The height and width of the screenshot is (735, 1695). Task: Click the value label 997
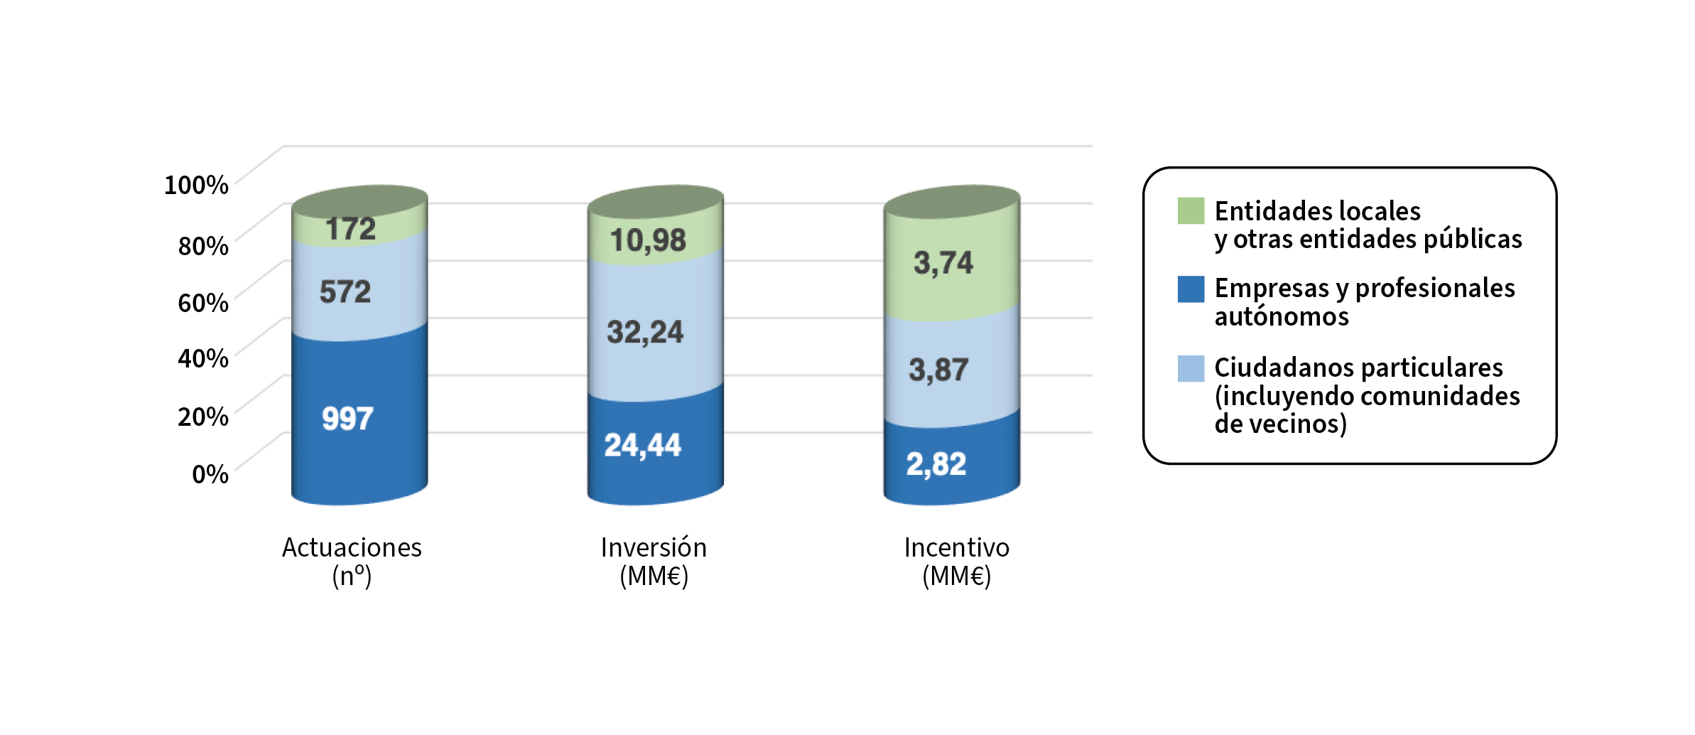pos(347,419)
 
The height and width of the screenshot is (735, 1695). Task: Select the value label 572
pos(345,291)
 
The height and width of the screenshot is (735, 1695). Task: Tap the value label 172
pos(350,229)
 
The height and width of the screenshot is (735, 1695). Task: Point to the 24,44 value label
pos(642,446)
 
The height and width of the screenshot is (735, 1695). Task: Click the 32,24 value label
pos(645,332)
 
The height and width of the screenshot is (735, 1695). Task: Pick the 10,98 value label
pos(648,240)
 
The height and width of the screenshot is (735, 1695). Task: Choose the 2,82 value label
pos(936,464)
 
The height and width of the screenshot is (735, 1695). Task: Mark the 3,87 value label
pos(938,370)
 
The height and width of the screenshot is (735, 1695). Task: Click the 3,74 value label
pos(943,263)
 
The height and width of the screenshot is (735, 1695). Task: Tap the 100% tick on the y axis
pos(196,185)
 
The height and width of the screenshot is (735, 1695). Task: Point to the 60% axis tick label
pos(203,303)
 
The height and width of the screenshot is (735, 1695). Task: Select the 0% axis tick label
pos(210,474)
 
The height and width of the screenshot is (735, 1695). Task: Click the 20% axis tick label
pos(203,417)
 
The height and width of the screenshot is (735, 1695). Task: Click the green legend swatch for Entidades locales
pos(1191,211)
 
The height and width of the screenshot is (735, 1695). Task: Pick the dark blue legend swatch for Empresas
pos(1191,289)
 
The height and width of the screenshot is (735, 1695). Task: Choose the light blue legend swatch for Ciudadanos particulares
pos(1191,369)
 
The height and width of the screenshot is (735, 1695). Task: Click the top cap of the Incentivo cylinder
pos(952,202)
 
